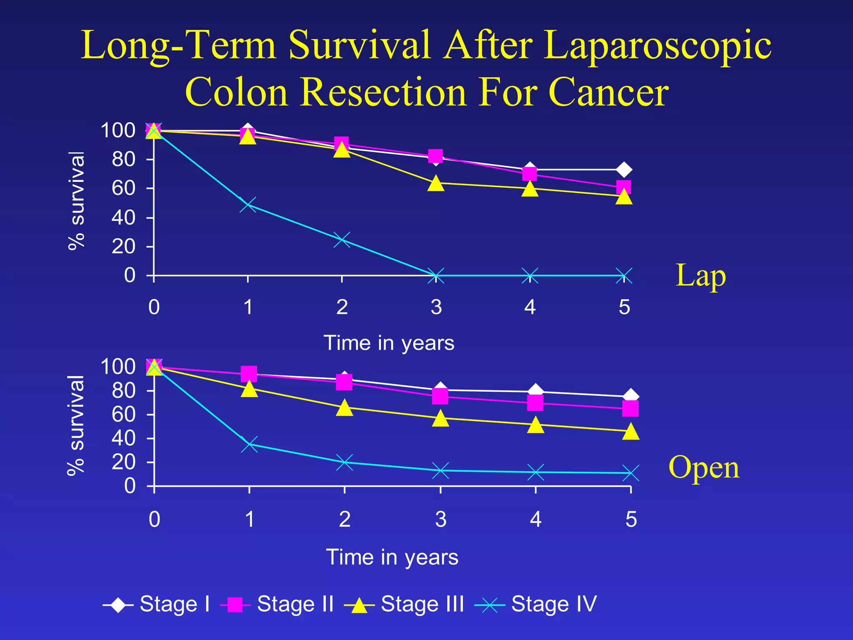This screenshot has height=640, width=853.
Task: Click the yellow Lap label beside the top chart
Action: click(701, 276)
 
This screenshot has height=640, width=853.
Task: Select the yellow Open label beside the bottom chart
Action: click(704, 467)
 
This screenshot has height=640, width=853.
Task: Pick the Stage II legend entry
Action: click(277, 604)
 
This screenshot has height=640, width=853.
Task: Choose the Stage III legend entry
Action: click(404, 604)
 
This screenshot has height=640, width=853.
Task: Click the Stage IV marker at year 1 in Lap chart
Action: click(248, 205)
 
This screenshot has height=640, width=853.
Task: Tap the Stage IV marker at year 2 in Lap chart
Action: click(342, 240)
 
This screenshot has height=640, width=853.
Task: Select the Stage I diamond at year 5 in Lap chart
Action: click(624, 170)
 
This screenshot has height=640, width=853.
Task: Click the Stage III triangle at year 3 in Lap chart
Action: click(436, 183)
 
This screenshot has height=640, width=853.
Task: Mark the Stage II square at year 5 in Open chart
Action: click(631, 409)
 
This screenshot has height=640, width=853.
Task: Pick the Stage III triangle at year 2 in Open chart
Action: click(344, 407)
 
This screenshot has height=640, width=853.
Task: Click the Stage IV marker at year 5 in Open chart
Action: click(631, 473)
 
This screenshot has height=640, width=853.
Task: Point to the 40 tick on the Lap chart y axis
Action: click(123, 217)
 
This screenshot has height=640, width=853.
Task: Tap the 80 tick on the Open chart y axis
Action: click(123, 391)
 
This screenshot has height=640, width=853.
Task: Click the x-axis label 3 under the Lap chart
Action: click(436, 307)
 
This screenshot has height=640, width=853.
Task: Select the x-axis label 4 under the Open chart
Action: click(536, 520)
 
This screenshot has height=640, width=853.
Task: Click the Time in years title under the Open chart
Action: click(392, 557)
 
